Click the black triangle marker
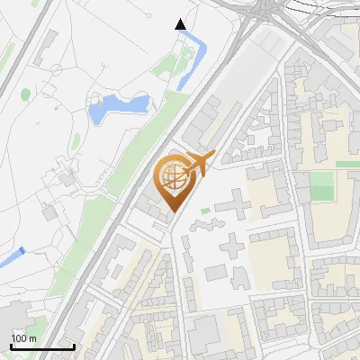pyautogui.click(x=181, y=24)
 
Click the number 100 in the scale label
pyautogui.click(x=19, y=338)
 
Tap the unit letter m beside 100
pyautogui.click(x=32, y=338)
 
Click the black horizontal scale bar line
pyautogui.click(x=41, y=346)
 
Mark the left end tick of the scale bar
pyautogui.click(x=11, y=345)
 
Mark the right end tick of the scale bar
pyautogui.click(x=73, y=345)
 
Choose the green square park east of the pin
pyautogui.click(x=321, y=186)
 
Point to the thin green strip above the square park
pyautogui.click(x=346, y=165)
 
